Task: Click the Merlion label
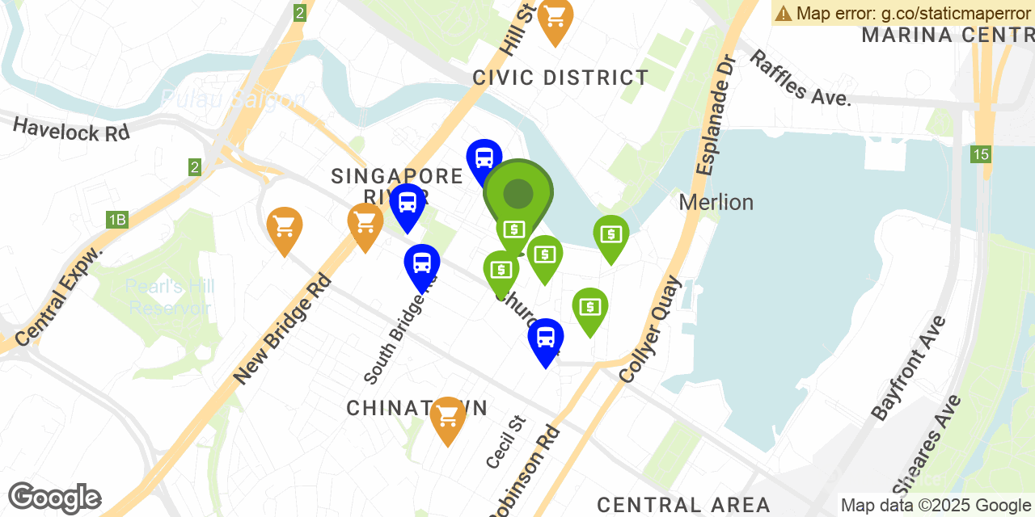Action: tap(716, 202)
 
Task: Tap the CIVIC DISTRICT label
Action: tap(560, 78)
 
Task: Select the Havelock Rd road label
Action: tap(71, 129)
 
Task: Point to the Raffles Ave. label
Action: tap(800, 78)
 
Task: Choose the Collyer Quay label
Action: tap(650, 329)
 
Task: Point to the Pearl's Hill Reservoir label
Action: tap(169, 297)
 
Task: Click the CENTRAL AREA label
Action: tap(683, 506)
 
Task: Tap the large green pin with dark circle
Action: tap(518, 194)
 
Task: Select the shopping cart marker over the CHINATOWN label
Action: tap(447, 418)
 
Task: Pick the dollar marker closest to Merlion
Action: tap(611, 236)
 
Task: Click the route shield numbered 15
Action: tap(981, 153)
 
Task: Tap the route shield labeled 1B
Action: tap(117, 220)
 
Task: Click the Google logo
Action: tap(54, 498)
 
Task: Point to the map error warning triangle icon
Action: tap(784, 13)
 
